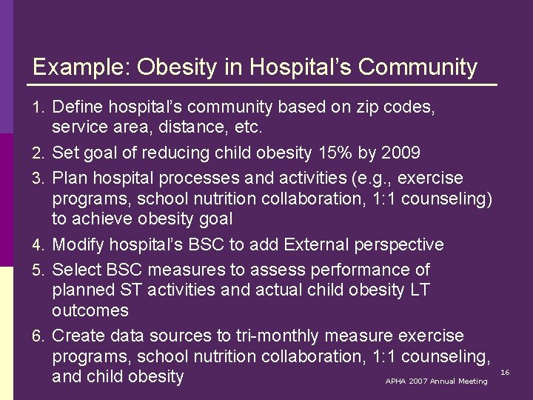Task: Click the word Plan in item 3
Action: pyautogui.click(x=70, y=179)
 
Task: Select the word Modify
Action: pyautogui.click(x=80, y=244)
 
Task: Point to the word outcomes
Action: pyautogui.click(x=90, y=310)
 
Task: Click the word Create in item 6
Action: pyautogui.click(x=78, y=336)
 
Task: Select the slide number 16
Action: pyautogui.click(x=505, y=371)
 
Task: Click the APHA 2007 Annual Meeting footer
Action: pyautogui.click(x=436, y=381)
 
